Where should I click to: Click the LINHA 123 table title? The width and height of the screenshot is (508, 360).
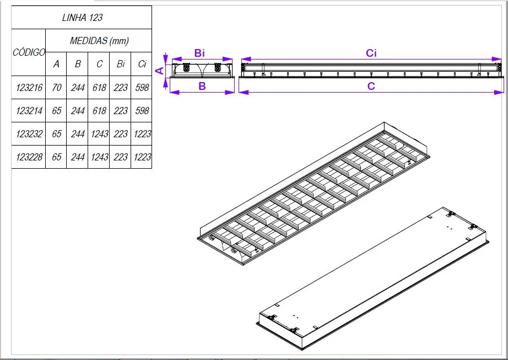[82, 18]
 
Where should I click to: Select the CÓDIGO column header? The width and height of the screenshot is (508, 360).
[29, 53]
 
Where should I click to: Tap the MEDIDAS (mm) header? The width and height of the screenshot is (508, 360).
[99, 41]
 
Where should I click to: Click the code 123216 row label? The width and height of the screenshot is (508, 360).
[29, 88]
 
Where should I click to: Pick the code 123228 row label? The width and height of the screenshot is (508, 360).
[29, 157]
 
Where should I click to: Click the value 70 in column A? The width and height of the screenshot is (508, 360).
[56, 88]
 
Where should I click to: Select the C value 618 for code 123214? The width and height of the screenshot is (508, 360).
[99, 111]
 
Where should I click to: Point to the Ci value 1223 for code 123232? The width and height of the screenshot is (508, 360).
[142, 134]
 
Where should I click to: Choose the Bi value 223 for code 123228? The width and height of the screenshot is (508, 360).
[121, 157]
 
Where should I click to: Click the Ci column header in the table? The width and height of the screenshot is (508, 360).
[142, 64]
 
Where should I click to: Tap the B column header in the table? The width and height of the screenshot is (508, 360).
[78, 64]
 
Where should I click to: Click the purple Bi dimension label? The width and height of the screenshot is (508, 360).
[199, 53]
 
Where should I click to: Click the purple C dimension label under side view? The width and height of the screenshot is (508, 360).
[371, 86]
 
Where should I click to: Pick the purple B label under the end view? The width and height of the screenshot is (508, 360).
[202, 86]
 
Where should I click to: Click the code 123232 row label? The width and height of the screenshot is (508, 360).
[29, 134]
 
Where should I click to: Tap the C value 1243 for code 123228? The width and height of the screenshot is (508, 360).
[99, 157]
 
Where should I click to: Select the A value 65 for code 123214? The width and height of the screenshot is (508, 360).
[56, 111]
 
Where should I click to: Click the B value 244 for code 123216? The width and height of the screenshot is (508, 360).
[78, 88]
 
